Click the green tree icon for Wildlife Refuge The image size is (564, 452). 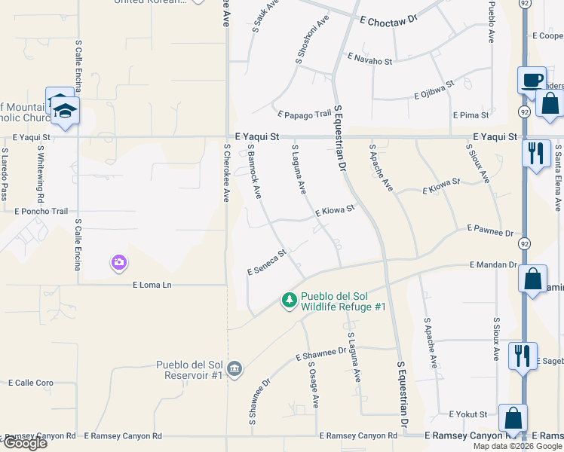click(289, 301)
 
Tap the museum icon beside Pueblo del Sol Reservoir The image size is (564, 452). click(234, 368)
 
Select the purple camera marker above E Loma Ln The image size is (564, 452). click(118, 263)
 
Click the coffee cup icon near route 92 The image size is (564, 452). click(532, 79)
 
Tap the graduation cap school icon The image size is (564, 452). click(66, 110)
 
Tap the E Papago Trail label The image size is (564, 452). click(305, 115)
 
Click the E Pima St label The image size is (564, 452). click(471, 115)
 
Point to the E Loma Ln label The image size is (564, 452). click(152, 285)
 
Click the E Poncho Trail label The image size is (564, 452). click(41, 212)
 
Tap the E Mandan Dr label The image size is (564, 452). click(493, 265)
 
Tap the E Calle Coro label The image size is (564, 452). click(31, 383)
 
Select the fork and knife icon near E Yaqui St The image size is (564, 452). click(536, 154)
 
